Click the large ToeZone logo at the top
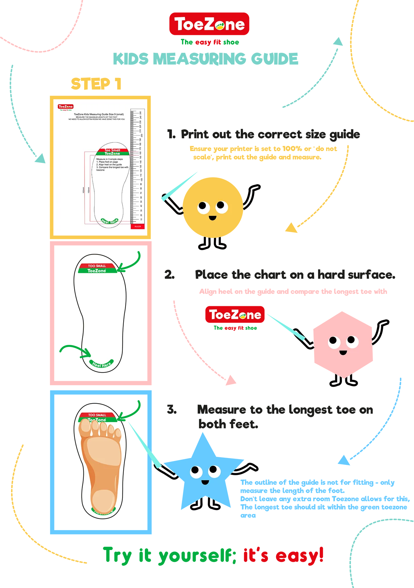[209, 24]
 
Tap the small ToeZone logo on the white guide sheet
[66, 107]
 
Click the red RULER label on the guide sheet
[138, 227]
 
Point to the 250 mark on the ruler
[141, 113]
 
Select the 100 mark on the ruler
[141, 180]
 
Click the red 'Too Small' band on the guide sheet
[112, 150]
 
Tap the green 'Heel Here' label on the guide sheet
[109, 221]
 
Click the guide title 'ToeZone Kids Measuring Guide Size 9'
[99, 114]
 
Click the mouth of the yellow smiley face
[212, 218]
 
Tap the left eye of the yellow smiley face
[204, 207]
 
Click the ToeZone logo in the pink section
[235, 315]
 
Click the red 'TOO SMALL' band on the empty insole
[97, 266]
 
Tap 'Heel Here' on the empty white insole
[101, 365]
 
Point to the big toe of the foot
[85, 428]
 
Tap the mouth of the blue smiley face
[205, 482]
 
